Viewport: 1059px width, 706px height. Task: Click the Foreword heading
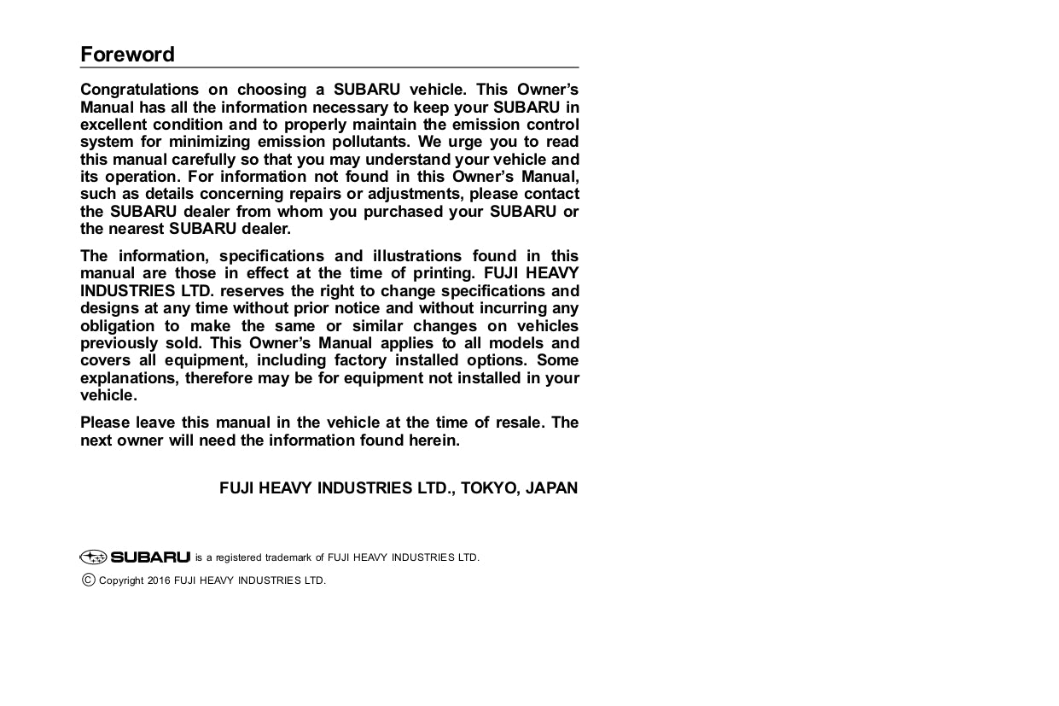[x=127, y=55]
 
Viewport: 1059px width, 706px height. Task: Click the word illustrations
[x=417, y=256]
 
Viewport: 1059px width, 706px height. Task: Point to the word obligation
[x=118, y=326]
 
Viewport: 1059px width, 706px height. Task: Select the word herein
[x=433, y=441]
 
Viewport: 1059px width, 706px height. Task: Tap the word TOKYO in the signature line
[x=489, y=488]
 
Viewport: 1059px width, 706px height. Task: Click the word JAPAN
[x=551, y=488]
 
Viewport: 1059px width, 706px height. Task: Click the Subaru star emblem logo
[x=93, y=557]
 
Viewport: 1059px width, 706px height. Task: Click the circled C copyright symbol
[x=88, y=581]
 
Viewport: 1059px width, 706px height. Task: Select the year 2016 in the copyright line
[x=159, y=581]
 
